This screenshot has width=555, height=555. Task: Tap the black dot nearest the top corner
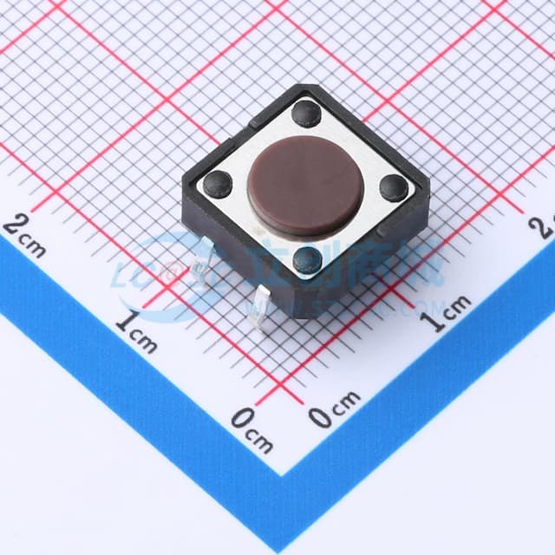(x=305, y=112)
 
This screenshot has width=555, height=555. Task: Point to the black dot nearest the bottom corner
(x=308, y=259)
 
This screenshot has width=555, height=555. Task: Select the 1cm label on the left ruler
(x=136, y=330)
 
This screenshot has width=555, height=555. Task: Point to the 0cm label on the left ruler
(x=251, y=429)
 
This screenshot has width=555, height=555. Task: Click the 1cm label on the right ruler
(x=446, y=313)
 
